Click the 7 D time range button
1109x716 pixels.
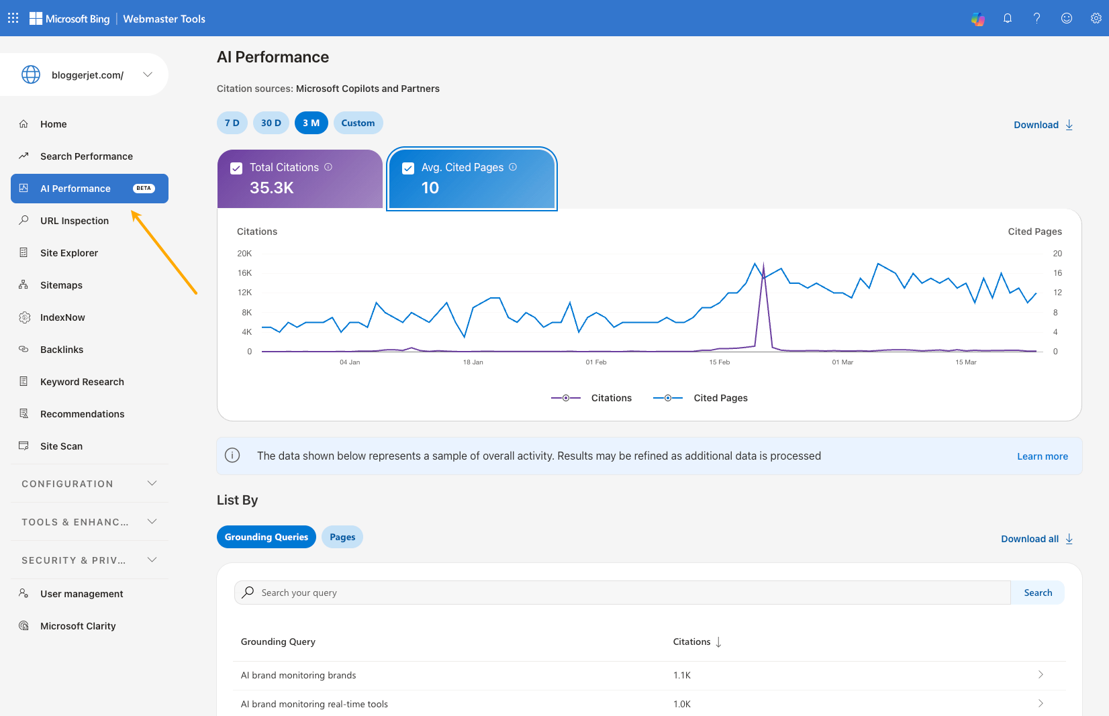[232, 123]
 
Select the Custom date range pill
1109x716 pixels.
[358, 123]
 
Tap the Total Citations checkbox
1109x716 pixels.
[236, 168]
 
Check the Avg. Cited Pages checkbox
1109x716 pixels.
[408, 168]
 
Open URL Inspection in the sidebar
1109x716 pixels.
[74, 221]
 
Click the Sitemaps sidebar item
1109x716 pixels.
[61, 285]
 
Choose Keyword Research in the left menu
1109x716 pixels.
[82, 382]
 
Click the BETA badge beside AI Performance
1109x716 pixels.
[144, 189]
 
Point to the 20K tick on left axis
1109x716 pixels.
[244, 254]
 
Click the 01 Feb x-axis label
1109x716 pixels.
[595, 362]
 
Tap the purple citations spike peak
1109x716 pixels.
[763, 264]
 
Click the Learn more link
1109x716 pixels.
[1042, 456]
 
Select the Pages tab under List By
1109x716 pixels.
[342, 537]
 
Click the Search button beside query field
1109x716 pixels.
[1037, 593]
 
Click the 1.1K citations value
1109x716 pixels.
[681, 675]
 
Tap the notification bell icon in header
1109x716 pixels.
[1007, 18]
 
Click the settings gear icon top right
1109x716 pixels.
[1096, 18]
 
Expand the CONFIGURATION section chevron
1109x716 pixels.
[152, 483]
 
